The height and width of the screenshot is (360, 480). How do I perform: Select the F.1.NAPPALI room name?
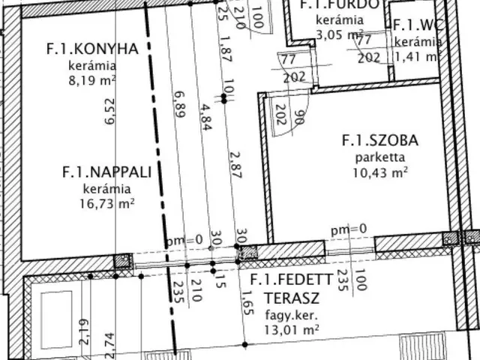[x=107, y=172]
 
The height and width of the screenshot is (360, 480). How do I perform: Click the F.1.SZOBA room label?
[x=379, y=140]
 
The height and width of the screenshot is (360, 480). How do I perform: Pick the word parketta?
[x=379, y=157]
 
